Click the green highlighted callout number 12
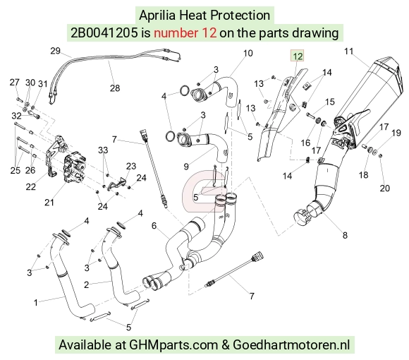(298, 56)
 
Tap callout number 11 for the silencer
(349, 51)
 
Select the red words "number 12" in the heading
(185, 33)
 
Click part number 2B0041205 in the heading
(104, 33)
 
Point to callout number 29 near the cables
(55, 51)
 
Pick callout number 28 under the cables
(115, 88)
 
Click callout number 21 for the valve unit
(49, 202)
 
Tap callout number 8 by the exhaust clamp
(345, 235)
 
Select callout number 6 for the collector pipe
(154, 226)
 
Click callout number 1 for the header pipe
(36, 303)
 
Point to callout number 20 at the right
(385, 188)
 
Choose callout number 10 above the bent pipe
(248, 53)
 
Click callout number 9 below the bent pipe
(186, 167)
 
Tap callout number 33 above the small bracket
(103, 150)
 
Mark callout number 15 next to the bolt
(330, 102)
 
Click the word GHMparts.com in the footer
(173, 344)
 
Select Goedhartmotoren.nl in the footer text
(291, 344)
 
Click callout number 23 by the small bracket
(131, 166)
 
